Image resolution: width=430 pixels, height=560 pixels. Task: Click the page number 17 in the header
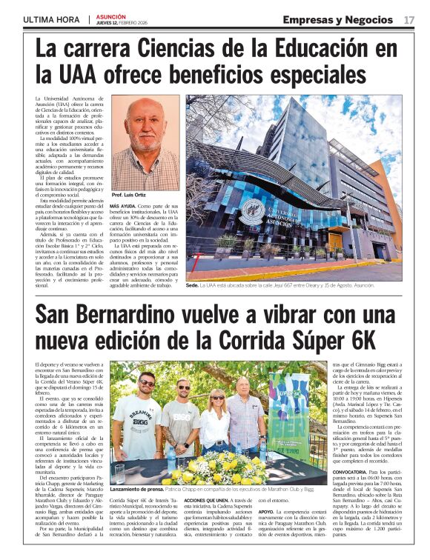click(409, 19)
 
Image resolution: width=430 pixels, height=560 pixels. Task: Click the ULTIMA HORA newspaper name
click(51, 19)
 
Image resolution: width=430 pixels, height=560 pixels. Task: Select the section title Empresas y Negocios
click(337, 19)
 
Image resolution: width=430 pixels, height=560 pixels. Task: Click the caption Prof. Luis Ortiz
click(129, 195)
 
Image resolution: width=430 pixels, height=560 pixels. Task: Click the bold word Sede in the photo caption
click(192, 285)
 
